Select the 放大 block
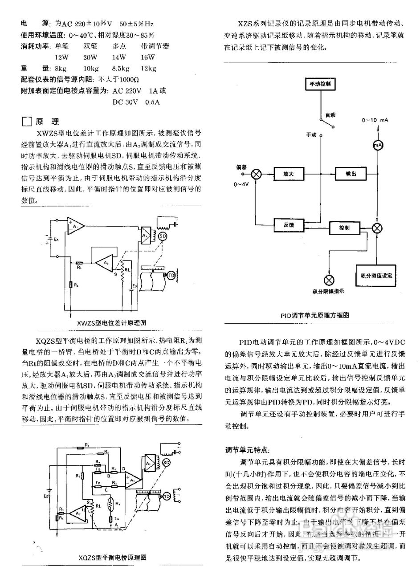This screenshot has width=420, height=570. (289, 174)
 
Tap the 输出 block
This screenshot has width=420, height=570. (351, 174)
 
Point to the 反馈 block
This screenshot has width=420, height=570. (289, 225)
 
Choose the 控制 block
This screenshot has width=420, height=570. (344, 228)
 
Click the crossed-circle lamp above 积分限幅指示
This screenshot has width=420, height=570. (330, 280)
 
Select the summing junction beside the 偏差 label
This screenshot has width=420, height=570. (257, 174)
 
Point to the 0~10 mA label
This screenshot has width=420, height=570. (375, 120)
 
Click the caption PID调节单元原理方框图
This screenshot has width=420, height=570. (314, 315)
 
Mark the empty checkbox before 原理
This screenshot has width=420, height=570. (27, 122)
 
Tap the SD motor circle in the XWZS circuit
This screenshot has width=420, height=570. (162, 236)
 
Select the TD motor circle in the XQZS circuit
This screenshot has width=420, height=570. (167, 496)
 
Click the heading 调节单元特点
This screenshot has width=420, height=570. (247, 450)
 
